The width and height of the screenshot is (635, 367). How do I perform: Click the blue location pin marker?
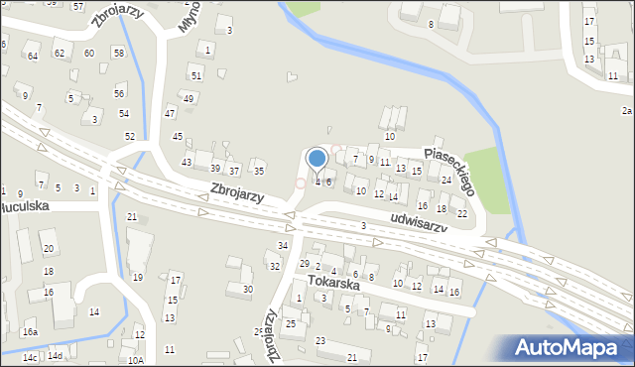pos(317,159)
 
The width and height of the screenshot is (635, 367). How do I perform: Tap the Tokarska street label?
pos(331,282)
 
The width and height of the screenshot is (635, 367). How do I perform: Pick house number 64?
pos(33,56)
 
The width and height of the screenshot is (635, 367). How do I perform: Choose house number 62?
pos(60,53)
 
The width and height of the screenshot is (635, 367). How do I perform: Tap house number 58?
pos(119,53)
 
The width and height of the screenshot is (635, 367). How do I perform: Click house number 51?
pos(196,75)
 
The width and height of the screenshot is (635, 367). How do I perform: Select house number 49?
pos(188,98)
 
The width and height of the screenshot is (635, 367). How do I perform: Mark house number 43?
pos(186,162)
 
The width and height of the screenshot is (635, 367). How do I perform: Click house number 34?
pos(283,245)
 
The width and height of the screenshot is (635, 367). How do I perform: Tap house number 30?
pos(248,289)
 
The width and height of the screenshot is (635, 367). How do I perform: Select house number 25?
pos(291,323)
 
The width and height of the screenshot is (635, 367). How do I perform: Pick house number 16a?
pos(31,332)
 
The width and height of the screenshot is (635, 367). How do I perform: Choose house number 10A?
pos(135,361)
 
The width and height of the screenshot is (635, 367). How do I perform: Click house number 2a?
pos(626,111)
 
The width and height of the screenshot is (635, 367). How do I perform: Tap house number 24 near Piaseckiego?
pos(446,181)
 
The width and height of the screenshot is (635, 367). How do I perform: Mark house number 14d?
pos(56,356)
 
